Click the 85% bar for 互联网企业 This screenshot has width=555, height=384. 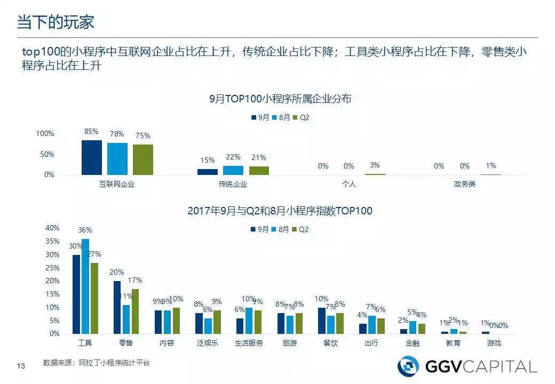point(91,157)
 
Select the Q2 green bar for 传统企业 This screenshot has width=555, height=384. point(259,170)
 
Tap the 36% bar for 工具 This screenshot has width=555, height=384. point(85,286)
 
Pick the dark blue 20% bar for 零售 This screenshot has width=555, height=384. point(117,307)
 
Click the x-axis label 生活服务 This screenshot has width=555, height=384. point(249,343)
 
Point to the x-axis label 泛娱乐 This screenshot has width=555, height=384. point(208,343)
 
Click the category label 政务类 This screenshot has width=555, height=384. point(465,184)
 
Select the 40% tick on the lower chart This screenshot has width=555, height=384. point(52,228)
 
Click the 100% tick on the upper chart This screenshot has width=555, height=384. point(45,133)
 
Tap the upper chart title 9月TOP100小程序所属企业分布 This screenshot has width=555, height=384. point(280,99)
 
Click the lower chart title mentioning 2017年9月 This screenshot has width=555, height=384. point(280,211)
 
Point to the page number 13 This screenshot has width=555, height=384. point(21,365)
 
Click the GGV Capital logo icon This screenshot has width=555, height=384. point(408,366)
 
